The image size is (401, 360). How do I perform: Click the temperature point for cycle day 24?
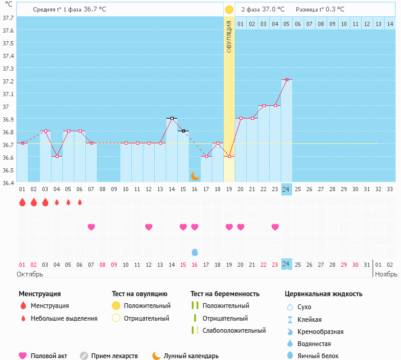click(x=287, y=79)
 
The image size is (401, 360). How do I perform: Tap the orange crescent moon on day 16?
click(x=195, y=175)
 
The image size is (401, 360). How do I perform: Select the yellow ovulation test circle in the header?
click(x=229, y=10)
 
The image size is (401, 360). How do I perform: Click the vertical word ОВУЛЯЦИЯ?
click(x=229, y=37)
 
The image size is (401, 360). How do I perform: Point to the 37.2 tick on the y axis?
click(x=8, y=82)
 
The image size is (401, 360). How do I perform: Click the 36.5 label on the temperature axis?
click(x=8, y=170)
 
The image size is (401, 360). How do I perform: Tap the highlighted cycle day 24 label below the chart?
click(x=287, y=189)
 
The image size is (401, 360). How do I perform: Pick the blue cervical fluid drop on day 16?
click(x=195, y=252)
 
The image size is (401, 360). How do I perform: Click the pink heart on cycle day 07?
click(x=91, y=227)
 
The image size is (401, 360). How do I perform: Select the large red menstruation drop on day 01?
click(x=22, y=202)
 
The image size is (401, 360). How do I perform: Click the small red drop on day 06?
click(x=80, y=202)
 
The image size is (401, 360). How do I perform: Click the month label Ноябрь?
click(x=386, y=274)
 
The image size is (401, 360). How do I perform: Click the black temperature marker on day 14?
click(x=172, y=118)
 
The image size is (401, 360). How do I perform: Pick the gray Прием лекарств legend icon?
click(x=84, y=356)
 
